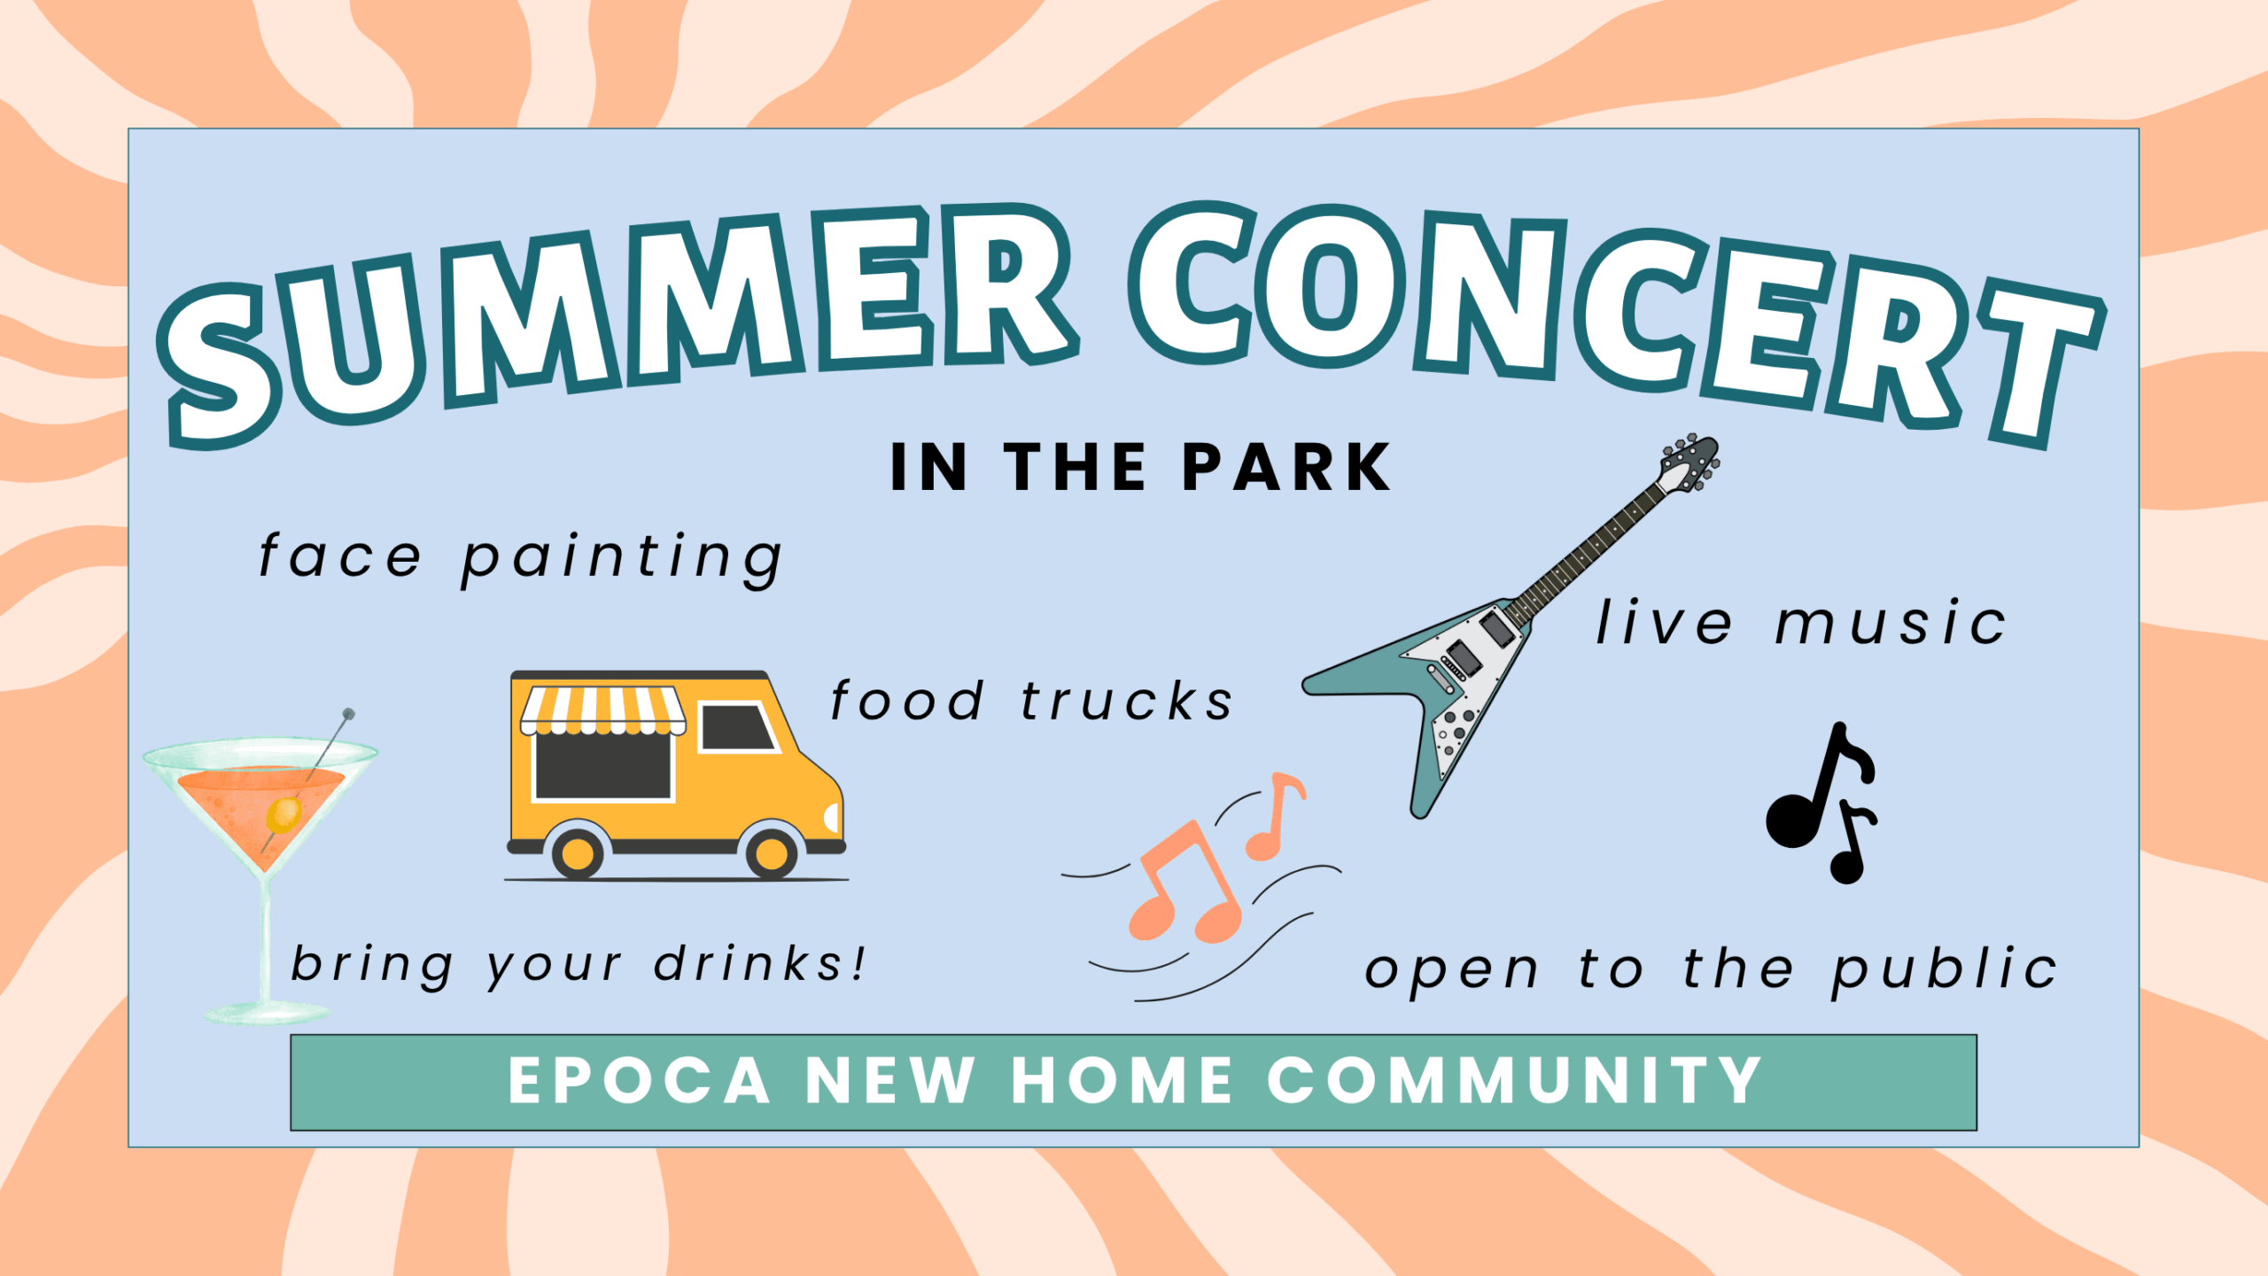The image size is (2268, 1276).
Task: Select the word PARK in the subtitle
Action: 1286,467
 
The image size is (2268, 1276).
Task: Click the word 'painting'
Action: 622,559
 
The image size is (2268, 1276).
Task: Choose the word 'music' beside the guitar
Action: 1891,622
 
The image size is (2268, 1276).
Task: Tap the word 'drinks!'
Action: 759,963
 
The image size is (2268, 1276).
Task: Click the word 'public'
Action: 1945,970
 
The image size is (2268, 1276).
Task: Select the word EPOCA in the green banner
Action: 639,1081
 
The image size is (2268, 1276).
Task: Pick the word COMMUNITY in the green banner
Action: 1514,1081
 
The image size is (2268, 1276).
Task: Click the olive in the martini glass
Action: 284,813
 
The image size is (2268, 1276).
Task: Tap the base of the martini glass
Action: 266,1012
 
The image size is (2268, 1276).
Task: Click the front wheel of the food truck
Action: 772,852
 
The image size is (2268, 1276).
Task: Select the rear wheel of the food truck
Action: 578,852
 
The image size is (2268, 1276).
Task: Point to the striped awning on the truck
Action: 603,711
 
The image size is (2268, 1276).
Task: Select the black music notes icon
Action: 1821,803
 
